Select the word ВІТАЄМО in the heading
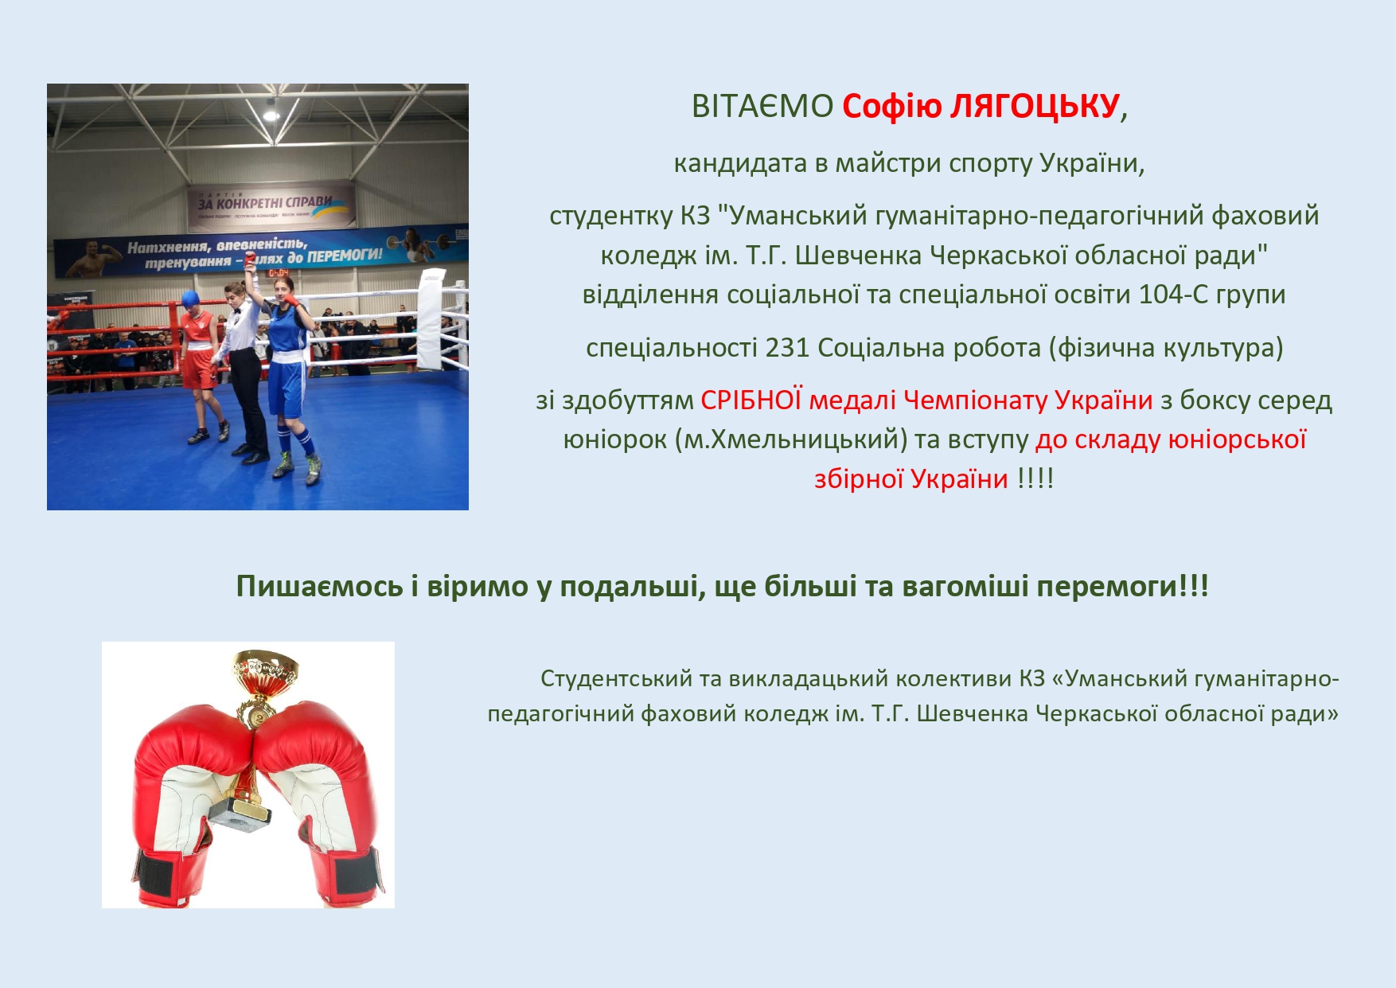(x=762, y=106)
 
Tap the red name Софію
(x=892, y=106)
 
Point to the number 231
(x=787, y=348)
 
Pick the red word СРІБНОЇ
(x=751, y=400)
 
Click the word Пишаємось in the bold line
(x=319, y=587)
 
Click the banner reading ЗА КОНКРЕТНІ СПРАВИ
(x=271, y=205)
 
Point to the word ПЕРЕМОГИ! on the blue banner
(x=345, y=256)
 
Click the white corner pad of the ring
(x=431, y=318)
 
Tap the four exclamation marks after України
(x=1035, y=478)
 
